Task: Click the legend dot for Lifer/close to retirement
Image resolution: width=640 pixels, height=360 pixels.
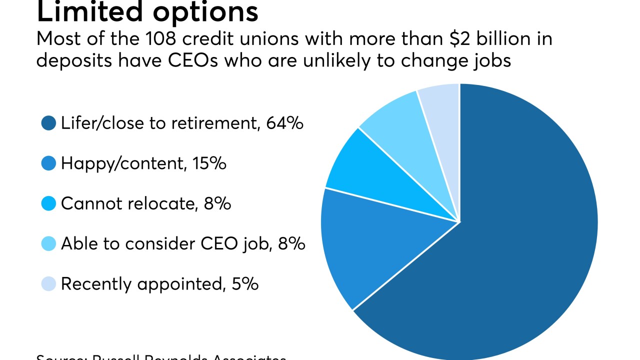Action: point(48,123)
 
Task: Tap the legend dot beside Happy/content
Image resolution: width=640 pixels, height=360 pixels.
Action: point(48,163)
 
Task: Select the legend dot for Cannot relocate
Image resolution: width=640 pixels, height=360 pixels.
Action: point(48,203)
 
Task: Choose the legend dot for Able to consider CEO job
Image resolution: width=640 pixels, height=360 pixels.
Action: point(48,243)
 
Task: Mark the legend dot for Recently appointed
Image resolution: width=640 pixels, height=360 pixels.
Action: point(48,284)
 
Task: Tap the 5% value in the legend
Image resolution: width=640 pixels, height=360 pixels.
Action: point(245,284)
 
